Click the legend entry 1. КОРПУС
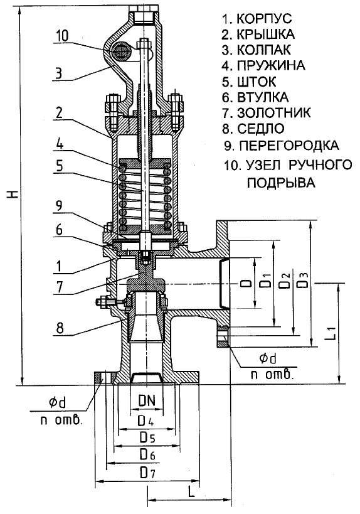[257, 18]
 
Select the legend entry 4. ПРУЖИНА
[263, 65]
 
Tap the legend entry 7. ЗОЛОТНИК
[267, 113]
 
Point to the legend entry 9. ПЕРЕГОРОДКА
[282, 145]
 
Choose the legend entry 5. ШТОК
[249, 82]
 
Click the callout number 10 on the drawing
[63, 36]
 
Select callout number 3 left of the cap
[58, 73]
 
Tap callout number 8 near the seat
[60, 328]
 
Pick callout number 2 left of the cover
[59, 113]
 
